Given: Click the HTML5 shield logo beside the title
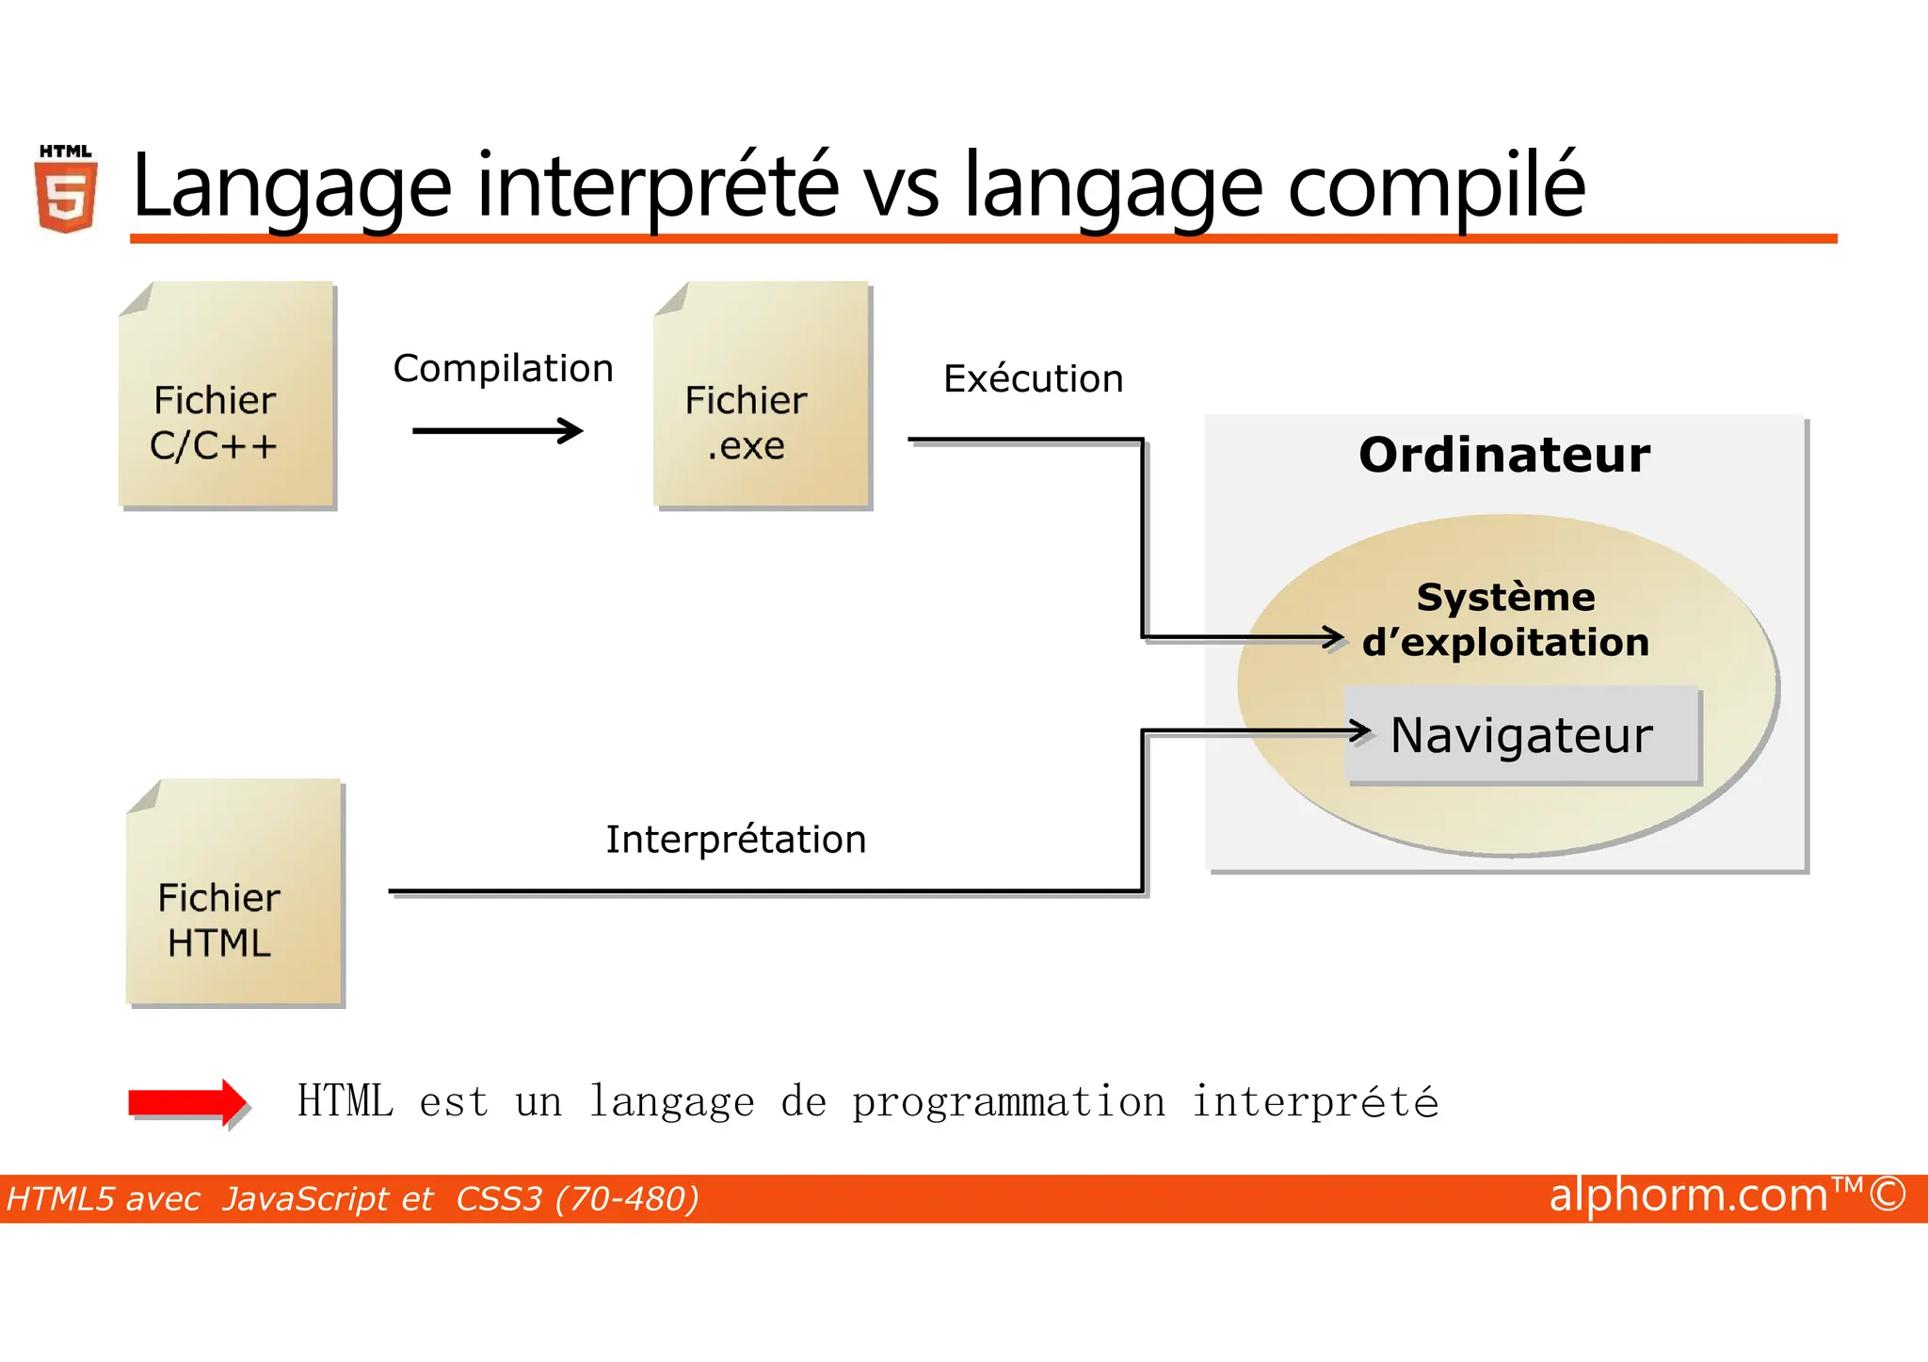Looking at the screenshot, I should pos(66,191).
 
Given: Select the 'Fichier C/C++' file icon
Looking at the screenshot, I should pos(226,395).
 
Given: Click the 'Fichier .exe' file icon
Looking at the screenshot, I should pos(761,395).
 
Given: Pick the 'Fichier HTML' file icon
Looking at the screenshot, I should pos(233,892).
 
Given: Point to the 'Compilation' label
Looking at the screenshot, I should pos(503,368).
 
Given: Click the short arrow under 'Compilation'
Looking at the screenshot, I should pos(497,431).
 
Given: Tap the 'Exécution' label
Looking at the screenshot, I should pos(1033,378).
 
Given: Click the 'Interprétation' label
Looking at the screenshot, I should pos(735,839).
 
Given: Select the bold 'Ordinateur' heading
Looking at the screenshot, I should pos(1503,455).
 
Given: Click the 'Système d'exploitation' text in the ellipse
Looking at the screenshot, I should pos(1505,619).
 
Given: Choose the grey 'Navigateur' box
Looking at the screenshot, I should pos(1521,735).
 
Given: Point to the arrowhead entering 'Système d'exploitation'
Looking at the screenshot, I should pos(1334,638).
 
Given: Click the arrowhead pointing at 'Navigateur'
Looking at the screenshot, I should pos(1360,730).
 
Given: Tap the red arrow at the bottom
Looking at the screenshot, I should pos(187,1102).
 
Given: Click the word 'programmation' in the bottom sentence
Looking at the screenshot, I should pos(1008,1102).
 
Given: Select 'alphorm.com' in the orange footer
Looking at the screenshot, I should pos(1688,1195).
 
